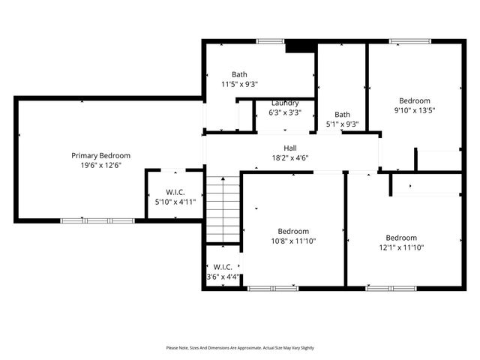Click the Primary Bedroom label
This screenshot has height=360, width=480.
[x=100, y=155]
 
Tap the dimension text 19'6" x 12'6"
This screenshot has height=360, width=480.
[x=100, y=165]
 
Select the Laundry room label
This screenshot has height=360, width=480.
[x=285, y=103]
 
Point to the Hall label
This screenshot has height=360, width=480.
[x=289, y=148]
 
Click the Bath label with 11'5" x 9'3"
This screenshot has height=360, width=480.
[x=239, y=74]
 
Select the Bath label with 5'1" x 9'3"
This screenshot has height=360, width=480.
[x=342, y=115]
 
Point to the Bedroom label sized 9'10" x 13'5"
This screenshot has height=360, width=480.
[x=414, y=100]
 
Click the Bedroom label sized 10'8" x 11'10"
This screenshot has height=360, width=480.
[x=292, y=232]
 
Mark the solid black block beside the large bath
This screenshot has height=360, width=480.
[x=301, y=46]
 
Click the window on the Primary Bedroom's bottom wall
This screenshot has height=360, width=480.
[x=97, y=220]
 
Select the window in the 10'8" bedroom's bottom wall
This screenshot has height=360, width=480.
[x=273, y=288]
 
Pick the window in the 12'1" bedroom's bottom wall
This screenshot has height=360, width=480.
[x=391, y=288]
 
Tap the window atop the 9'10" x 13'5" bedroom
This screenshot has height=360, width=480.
[x=410, y=40]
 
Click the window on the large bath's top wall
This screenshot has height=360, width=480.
[x=269, y=40]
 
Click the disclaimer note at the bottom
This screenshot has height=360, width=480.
[x=240, y=348]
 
